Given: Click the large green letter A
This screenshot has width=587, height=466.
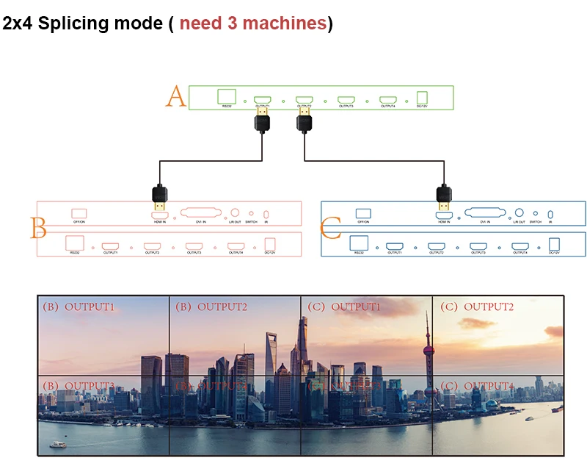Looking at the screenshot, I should click(x=176, y=96).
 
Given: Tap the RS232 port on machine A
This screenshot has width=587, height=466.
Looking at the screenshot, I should click(x=227, y=96).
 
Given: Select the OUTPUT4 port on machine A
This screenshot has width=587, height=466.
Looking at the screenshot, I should click(x=388, y=98).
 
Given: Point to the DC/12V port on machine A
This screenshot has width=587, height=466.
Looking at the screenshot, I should click(x=422, y=98).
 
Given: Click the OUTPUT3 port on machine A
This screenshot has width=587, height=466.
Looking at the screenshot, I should click(x=346, y=98).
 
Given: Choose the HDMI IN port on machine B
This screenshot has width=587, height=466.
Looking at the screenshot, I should click(x=159, y=215).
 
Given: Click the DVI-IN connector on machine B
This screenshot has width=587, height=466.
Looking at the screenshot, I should click(x=200, y=213).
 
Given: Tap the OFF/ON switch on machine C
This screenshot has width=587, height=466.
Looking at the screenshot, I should click(x=363, y=213).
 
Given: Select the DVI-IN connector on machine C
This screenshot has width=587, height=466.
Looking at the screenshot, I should click(x=484, y=212).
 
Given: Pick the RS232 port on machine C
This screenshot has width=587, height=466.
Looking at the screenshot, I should click(x=359, y=243).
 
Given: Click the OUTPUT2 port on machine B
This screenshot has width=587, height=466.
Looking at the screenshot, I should click(x=152, y=246).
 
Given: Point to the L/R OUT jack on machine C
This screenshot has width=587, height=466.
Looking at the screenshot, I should click(x=519, y=212).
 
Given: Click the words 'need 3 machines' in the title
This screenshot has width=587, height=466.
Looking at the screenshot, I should click(x=253, y=23).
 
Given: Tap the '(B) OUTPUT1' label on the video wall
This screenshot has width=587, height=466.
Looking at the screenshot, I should click(x=79, y=307).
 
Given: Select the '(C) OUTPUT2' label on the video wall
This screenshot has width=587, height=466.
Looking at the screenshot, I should click(x=478, y=307).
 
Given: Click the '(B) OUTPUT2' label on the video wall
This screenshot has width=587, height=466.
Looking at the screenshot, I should click(x=211, y=307).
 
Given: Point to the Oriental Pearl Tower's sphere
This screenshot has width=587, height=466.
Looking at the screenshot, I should click(x=428, y=340).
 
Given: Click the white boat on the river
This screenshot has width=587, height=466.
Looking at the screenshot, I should click(x=56, y=444).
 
